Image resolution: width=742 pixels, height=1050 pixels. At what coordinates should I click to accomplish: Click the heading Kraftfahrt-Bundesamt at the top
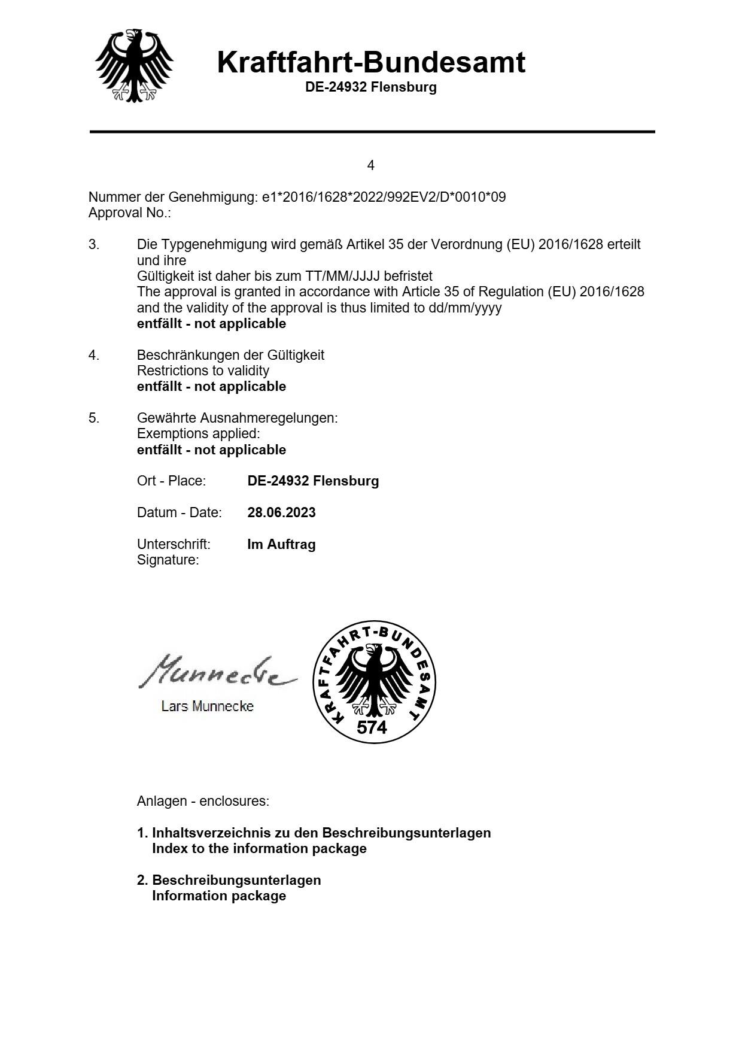pyautogui.click(x=371, y=62)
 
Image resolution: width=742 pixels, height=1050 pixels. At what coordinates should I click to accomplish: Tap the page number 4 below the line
pyautogui.click(x=371, y=165)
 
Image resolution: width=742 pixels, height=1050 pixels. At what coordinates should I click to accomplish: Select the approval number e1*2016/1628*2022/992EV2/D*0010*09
pyautogui.click(x=384, y=197)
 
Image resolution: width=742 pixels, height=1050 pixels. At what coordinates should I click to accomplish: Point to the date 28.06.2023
pyautogui.click(x=281, y=512)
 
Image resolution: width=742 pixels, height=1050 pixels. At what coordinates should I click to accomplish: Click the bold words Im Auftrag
pyautogui.click(x=281, y=544)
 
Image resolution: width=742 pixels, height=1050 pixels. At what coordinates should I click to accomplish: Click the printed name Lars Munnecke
pyautogui.click(x=207, y=706)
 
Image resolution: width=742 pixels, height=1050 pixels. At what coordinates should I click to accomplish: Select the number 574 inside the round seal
pyautogui.click(x=372, y=727)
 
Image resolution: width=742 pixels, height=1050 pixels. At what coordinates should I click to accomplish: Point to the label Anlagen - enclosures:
pyautogui.click(x=203, y=801)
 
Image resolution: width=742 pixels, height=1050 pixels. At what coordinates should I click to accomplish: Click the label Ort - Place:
pyautogui.click(x=171, y=481)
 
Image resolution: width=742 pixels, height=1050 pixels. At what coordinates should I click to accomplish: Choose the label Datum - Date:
pyautogui.click(x=179, y=512)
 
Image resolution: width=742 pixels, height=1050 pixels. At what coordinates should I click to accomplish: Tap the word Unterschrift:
pyautogui.click(x=174, y=544)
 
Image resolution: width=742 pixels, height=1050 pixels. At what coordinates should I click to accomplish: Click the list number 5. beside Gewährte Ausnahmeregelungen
pyautogui.click(x=94, y=418)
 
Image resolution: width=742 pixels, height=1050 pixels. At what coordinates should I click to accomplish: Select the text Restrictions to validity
pyautogui.click(x=203, y=371)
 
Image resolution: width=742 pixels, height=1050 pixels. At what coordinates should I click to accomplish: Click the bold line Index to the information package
pyautogui.click(x=259, y=848)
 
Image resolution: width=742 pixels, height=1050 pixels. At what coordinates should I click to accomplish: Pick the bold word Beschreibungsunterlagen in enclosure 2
pyautogui.click(x=236, y=880)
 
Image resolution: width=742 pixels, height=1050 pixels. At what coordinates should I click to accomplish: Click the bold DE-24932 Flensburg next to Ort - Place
pyautogui.click(x=313, y=481)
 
